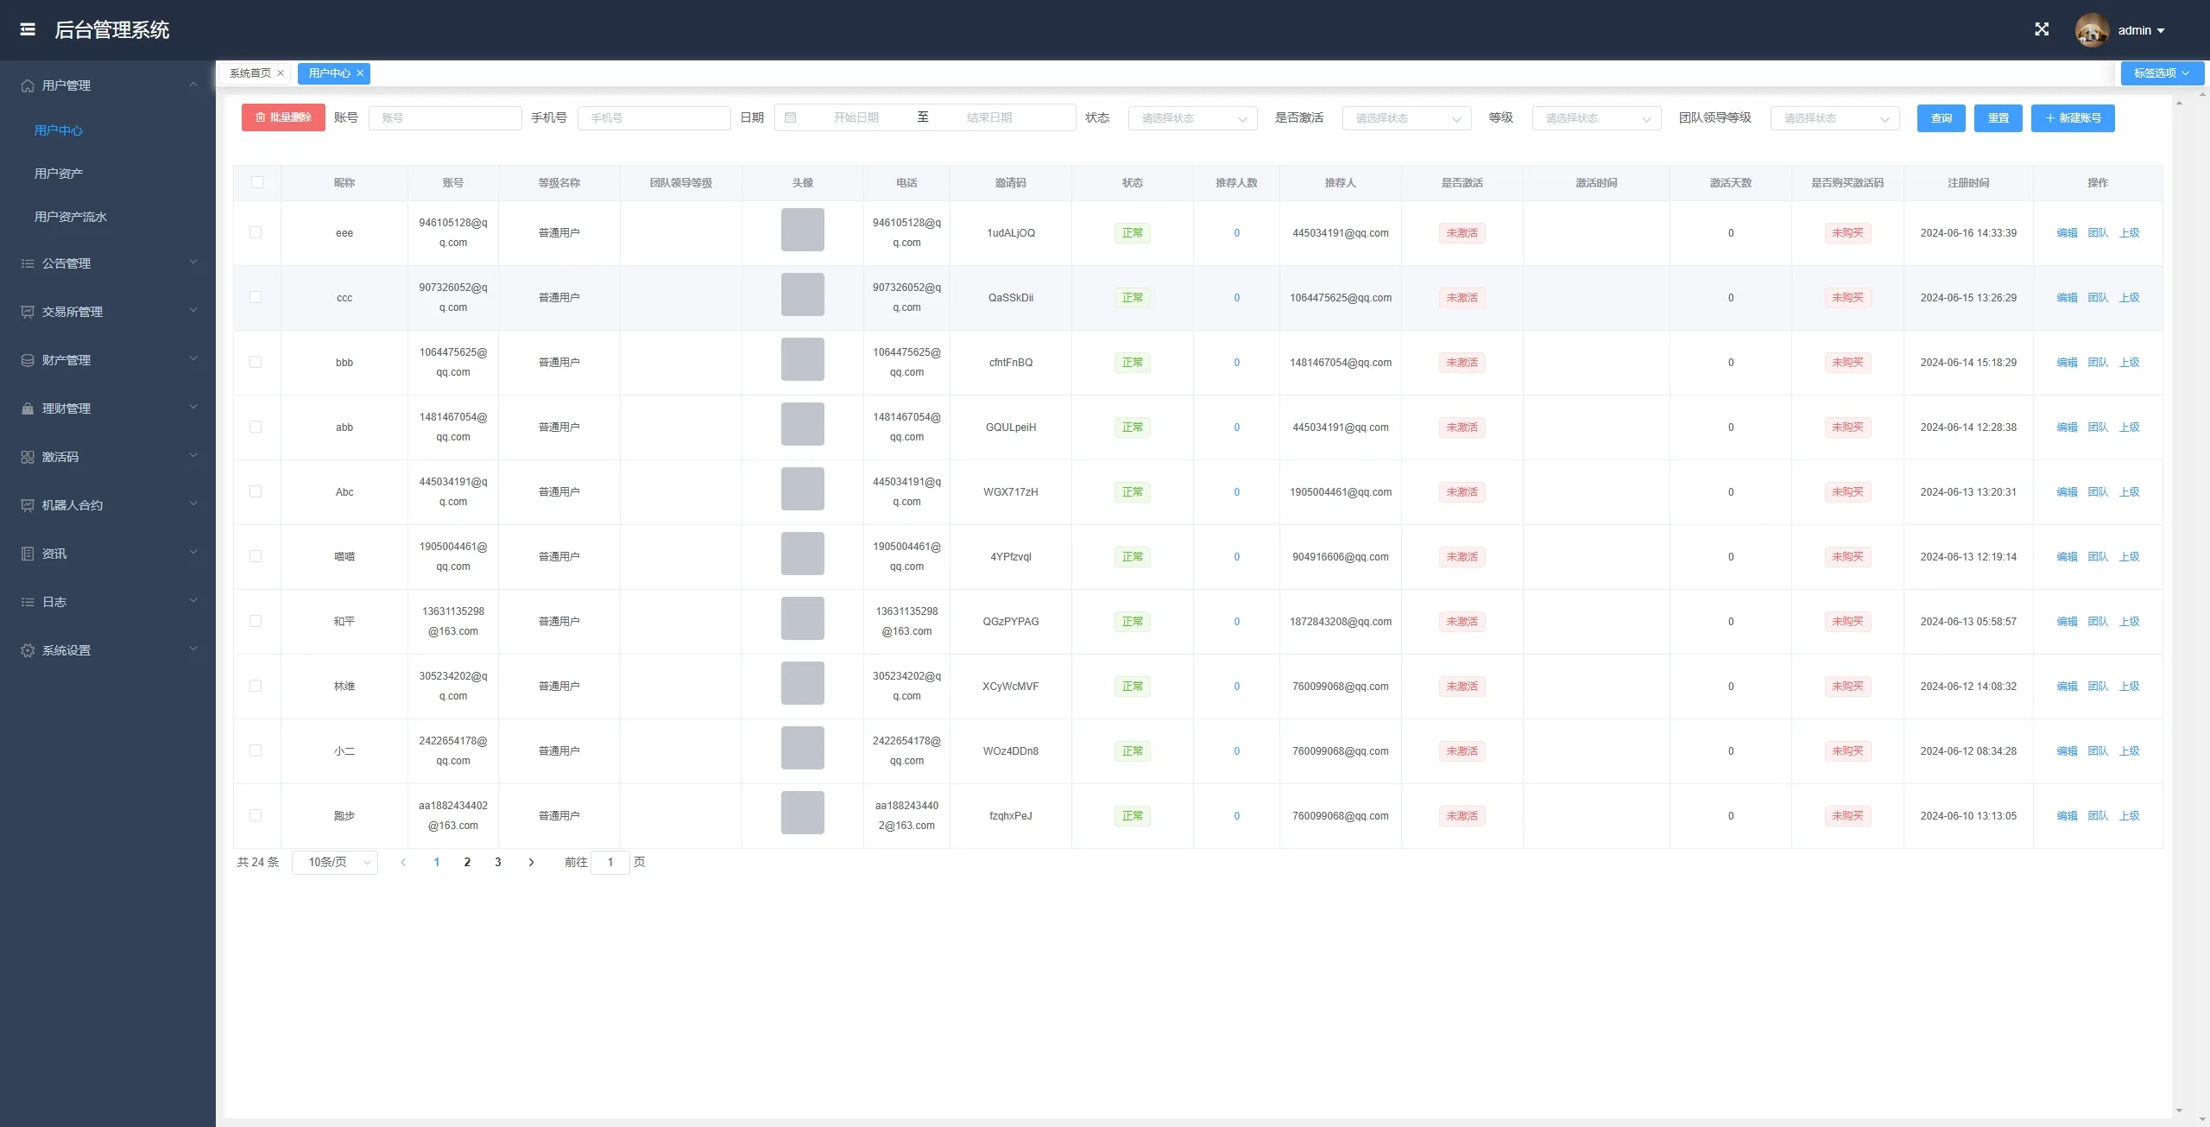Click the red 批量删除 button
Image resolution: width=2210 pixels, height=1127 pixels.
[x=283, y=117]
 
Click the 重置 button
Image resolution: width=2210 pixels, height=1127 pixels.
[x=1998, y=118]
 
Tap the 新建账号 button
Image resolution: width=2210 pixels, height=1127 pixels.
[x=2073, y=118]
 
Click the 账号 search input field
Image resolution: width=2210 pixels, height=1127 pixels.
[x=445, y=118]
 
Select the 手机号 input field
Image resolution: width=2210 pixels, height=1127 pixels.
[x=654, y=118]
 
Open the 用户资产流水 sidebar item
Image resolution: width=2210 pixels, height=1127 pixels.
[x=71, y=217]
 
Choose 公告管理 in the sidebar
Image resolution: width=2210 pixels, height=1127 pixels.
[x=66, y=263]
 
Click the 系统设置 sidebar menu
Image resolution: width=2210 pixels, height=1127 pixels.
[x=66, y=650]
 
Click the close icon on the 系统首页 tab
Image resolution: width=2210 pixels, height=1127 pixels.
[x=281, y=73]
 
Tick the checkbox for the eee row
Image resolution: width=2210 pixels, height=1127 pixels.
[x=256, y=232]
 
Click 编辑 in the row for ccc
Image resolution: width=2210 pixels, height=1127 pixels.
[x=2067, y=298]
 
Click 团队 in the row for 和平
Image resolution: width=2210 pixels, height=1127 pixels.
[x=2098, y=622]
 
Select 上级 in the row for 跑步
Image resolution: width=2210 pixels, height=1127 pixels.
[x=2130, y=816]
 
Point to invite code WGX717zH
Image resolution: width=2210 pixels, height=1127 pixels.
[x=1011, y=492]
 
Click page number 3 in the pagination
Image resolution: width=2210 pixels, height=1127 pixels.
[x=498, y=862]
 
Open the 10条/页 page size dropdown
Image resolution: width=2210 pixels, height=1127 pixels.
[x=335, y=862]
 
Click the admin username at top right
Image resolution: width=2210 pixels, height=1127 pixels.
[x=2135, y=30]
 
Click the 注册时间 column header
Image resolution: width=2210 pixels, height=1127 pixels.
[x=1968, y=183]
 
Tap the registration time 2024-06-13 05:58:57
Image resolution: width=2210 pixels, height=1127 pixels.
[x=1968, y=622]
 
